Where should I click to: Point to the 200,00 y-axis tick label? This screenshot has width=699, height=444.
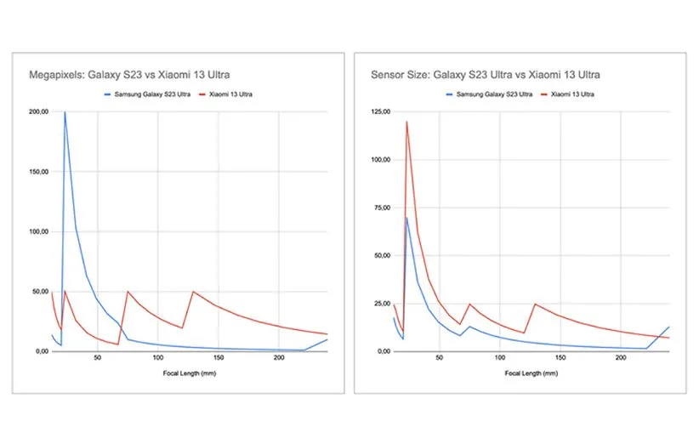pos(39,111)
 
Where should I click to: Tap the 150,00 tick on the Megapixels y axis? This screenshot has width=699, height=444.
pos(39,172)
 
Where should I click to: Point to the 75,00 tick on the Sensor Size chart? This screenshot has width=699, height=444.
pos(380,208)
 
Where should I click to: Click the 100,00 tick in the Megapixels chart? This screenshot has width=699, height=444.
pos(39,231)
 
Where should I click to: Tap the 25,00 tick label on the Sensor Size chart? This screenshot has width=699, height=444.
pos(380,304)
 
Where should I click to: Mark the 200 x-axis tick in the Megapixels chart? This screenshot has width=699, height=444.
pos(278,359)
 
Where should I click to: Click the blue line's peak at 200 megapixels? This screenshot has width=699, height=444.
pos(65,112)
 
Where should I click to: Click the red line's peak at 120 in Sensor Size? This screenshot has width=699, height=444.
pos(406,122)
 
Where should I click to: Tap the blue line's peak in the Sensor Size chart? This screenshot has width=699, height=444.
pos(406,218)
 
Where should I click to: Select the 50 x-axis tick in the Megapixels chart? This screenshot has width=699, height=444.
pos(97,359)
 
